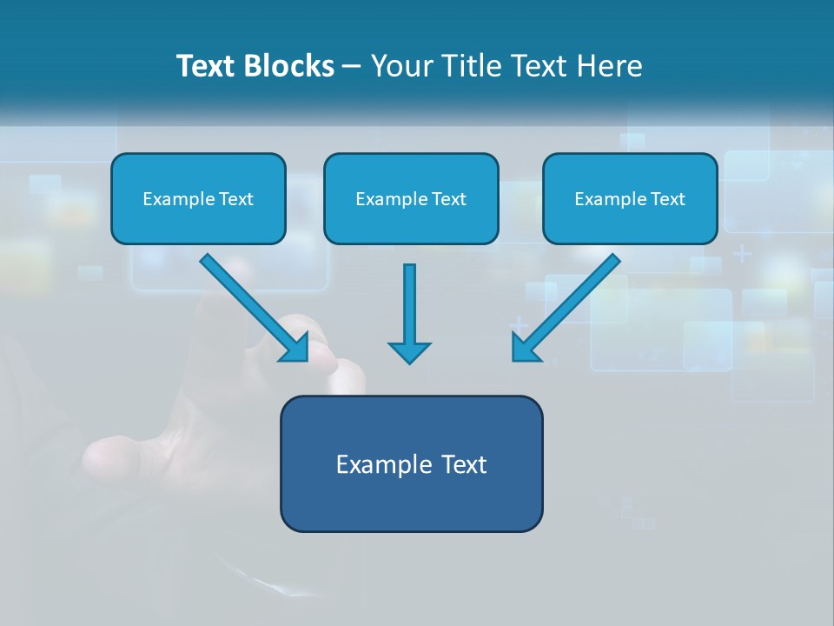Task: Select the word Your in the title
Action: point(403,66)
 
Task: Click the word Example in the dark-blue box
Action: point(379,464)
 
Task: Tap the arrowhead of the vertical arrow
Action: point(409,351)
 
